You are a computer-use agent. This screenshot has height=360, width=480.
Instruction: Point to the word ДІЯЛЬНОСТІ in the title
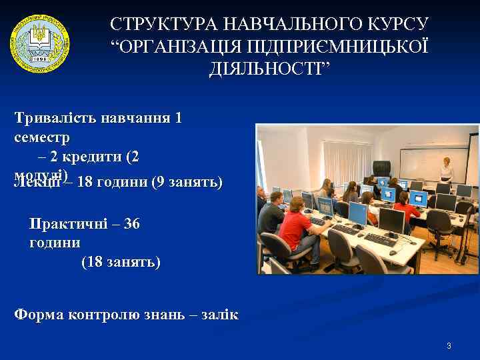(269, 69)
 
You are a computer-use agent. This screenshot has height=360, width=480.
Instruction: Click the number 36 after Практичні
(131, 224)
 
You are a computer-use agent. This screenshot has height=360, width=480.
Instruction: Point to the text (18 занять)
(121, 262)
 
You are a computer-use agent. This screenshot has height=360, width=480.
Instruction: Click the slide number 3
(449, 346)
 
